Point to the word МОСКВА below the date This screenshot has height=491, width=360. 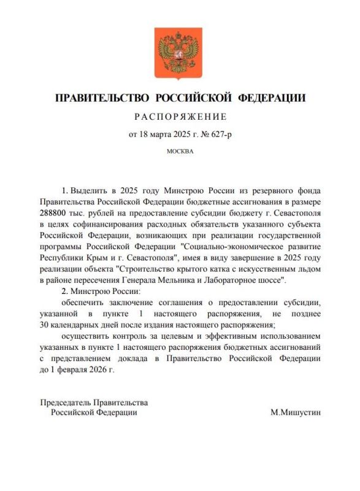click(x=180, y=151)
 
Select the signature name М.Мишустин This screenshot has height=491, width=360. click(x=295, y=413)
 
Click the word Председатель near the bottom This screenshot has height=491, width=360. click(x=66, y=402)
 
